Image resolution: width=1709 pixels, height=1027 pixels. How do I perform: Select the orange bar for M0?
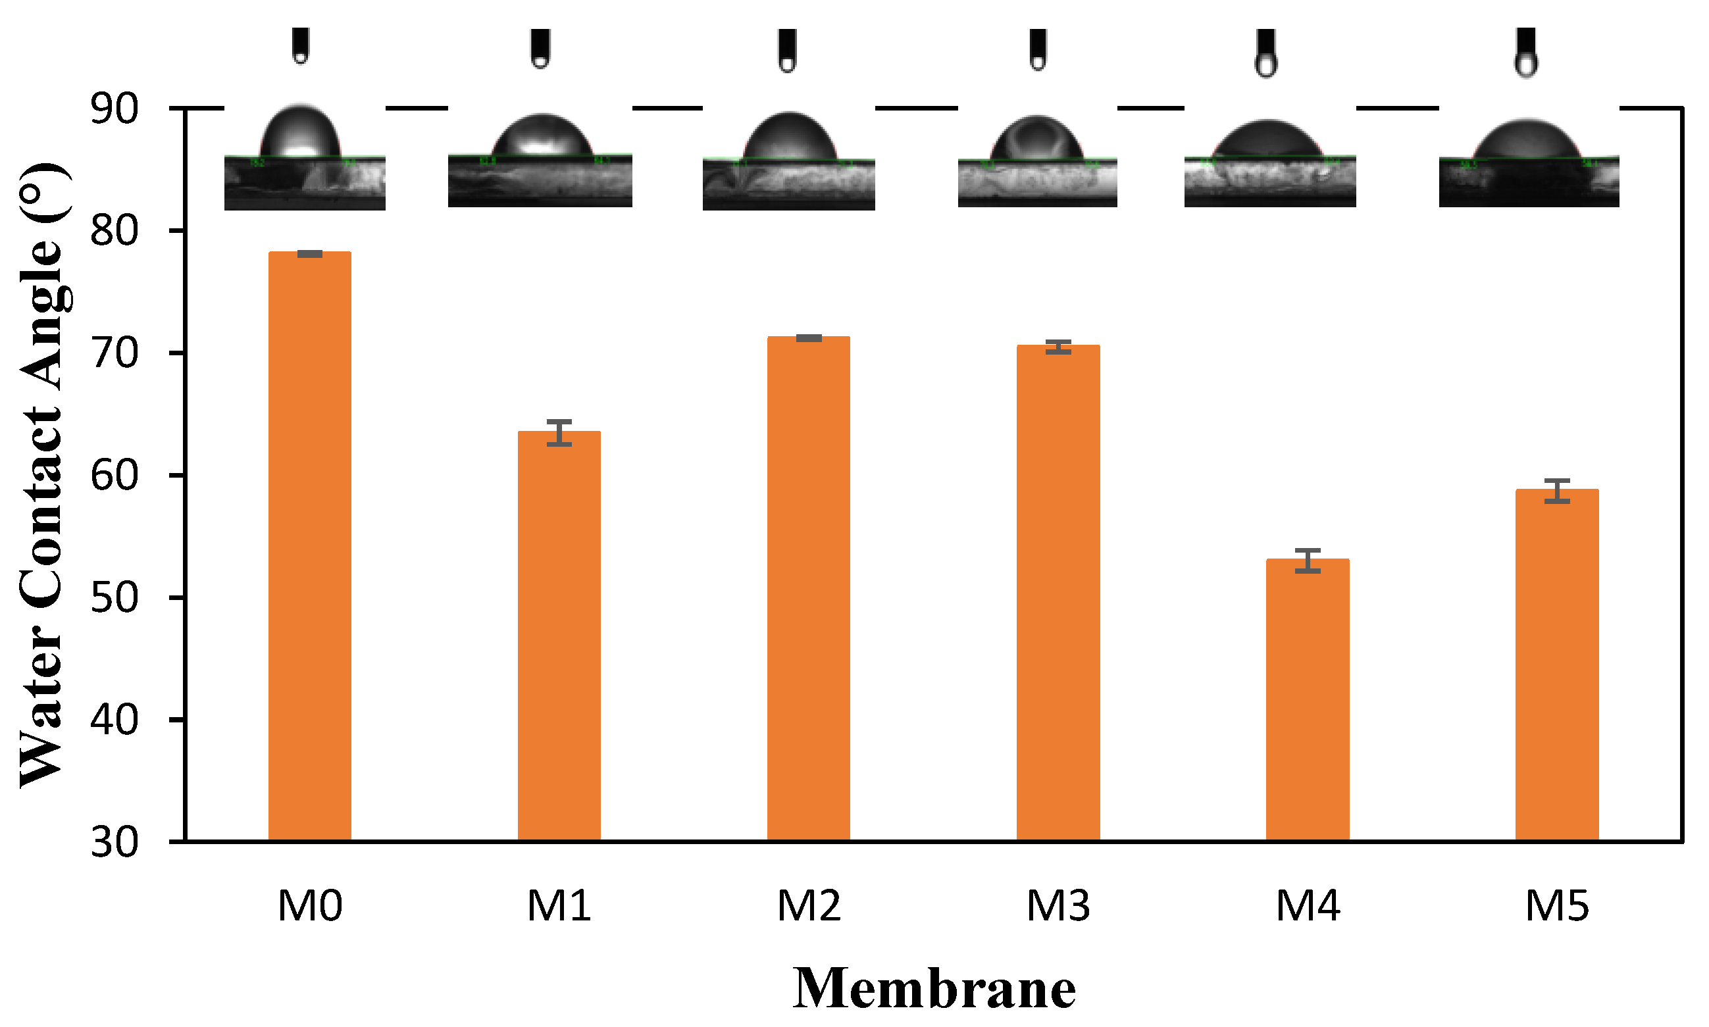309,547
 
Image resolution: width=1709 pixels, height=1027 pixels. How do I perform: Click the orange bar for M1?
559,637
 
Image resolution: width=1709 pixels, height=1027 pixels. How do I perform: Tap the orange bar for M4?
1307,699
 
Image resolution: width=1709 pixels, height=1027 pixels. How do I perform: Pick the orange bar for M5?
1557,664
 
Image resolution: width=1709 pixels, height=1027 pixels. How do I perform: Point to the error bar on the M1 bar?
559,432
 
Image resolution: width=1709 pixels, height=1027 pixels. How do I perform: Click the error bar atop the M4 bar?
1307,561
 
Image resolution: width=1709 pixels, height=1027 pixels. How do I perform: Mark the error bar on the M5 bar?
1557,491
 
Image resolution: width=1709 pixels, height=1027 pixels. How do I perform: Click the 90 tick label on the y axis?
115,109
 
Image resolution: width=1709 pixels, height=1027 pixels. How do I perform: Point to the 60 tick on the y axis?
115,476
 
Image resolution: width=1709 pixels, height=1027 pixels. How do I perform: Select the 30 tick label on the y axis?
115,843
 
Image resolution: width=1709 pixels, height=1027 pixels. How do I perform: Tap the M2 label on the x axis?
809,906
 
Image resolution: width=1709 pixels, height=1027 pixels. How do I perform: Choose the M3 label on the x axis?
1058,906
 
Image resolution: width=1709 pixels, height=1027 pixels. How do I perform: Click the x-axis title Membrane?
934,988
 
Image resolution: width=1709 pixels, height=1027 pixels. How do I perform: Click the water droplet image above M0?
300,133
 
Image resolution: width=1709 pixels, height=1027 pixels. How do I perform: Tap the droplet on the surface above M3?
1036,138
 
